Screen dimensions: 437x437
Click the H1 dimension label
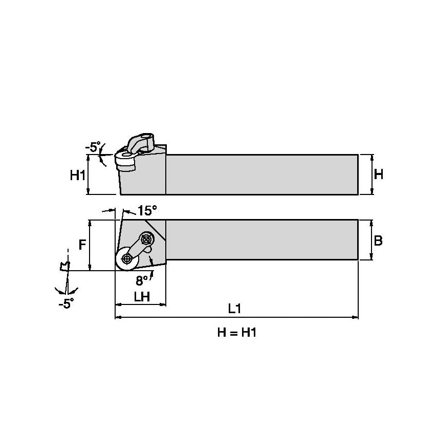tap(77, 176)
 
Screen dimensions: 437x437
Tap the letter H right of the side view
tap(378, 174)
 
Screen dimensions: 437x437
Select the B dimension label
tap(378, 241)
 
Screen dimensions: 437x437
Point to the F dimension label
tap(82, 245)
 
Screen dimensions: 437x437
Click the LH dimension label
tap(141, 296)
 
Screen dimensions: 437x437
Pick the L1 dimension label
tap(234, 309)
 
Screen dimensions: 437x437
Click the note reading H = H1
tap(236, 333)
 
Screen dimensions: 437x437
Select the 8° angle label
tap(142, 280)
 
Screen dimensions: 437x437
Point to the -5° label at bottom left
tap(66, 304)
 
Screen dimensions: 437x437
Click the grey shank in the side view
tap(261, 174)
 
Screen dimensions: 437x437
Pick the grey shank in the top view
tap(261, 239)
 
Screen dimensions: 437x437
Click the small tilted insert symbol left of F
tap(64, 266)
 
